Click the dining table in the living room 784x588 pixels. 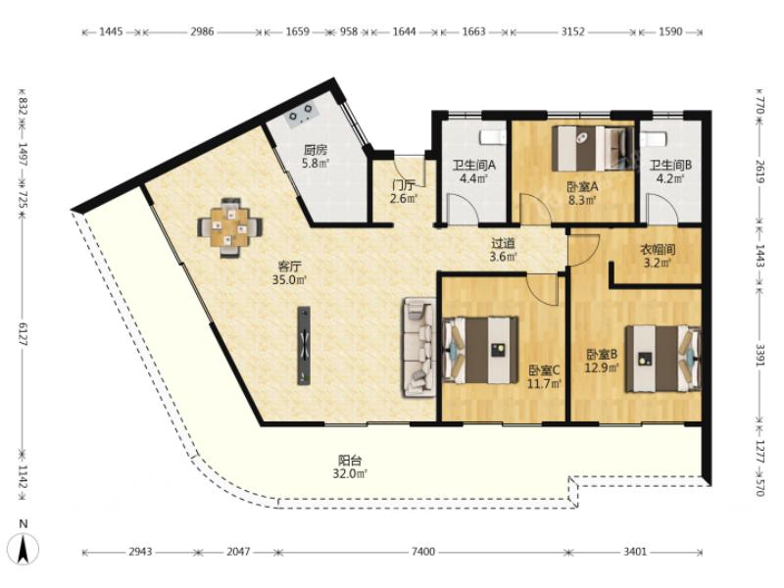(x=230, y=228)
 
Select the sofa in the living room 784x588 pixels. (x=419, y=348)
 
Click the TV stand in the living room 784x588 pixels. (x=304, y=346)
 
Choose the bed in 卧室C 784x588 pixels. (x=480, y=350)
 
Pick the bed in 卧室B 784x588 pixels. (x=663, y=358)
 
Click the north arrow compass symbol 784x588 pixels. (x=24, y=544)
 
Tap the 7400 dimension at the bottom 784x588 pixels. (x=423, y=552)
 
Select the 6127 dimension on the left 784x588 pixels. (x=23, y=333)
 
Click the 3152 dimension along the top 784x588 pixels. (x=572, y=31)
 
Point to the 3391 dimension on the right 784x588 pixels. (x=759, y=355)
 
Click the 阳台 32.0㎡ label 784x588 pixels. (x=350, y=466)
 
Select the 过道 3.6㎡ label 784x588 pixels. (x=503, y=250)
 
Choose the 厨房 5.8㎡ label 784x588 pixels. (x=316, y=157)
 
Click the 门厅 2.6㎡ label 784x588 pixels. (x=403, y=191)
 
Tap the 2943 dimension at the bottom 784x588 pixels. (x=140, y=552)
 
